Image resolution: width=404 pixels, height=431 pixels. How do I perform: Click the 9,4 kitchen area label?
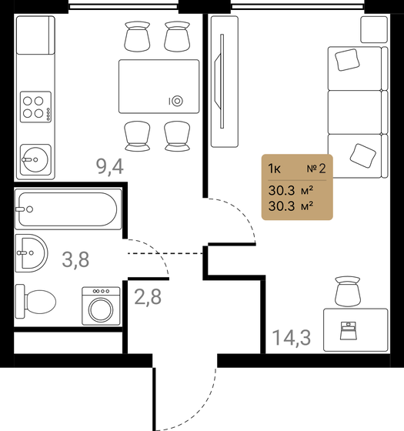tap(109, 167)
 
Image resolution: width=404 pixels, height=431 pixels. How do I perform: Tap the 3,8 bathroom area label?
tap(75, 259)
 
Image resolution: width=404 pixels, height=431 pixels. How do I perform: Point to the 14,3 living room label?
tap(291, 337)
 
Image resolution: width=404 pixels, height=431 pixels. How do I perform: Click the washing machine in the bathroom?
tap(98, 308)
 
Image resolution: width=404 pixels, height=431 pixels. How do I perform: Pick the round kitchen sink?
tap(33, 161)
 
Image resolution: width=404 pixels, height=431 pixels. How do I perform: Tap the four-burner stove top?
tap(35, 106)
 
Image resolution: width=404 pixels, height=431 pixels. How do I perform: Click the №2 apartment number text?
tap(316, 166)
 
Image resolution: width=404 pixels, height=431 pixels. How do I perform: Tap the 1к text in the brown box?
tap(275, 166)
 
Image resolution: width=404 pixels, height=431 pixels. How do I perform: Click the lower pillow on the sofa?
tap(362, 154)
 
